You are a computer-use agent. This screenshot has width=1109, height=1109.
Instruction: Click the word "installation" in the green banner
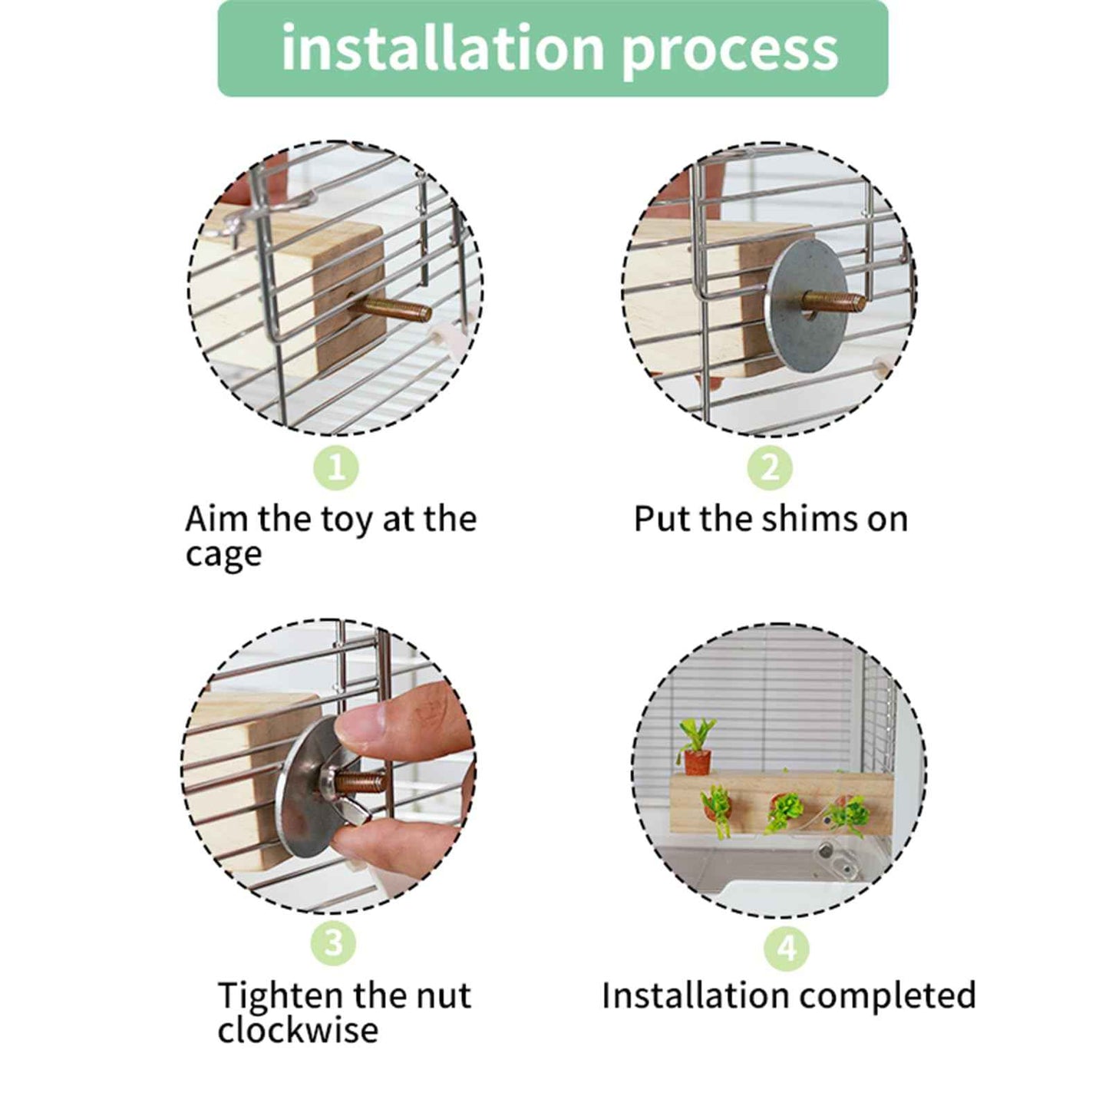443,48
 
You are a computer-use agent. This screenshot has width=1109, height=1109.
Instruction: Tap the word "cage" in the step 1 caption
223,556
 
